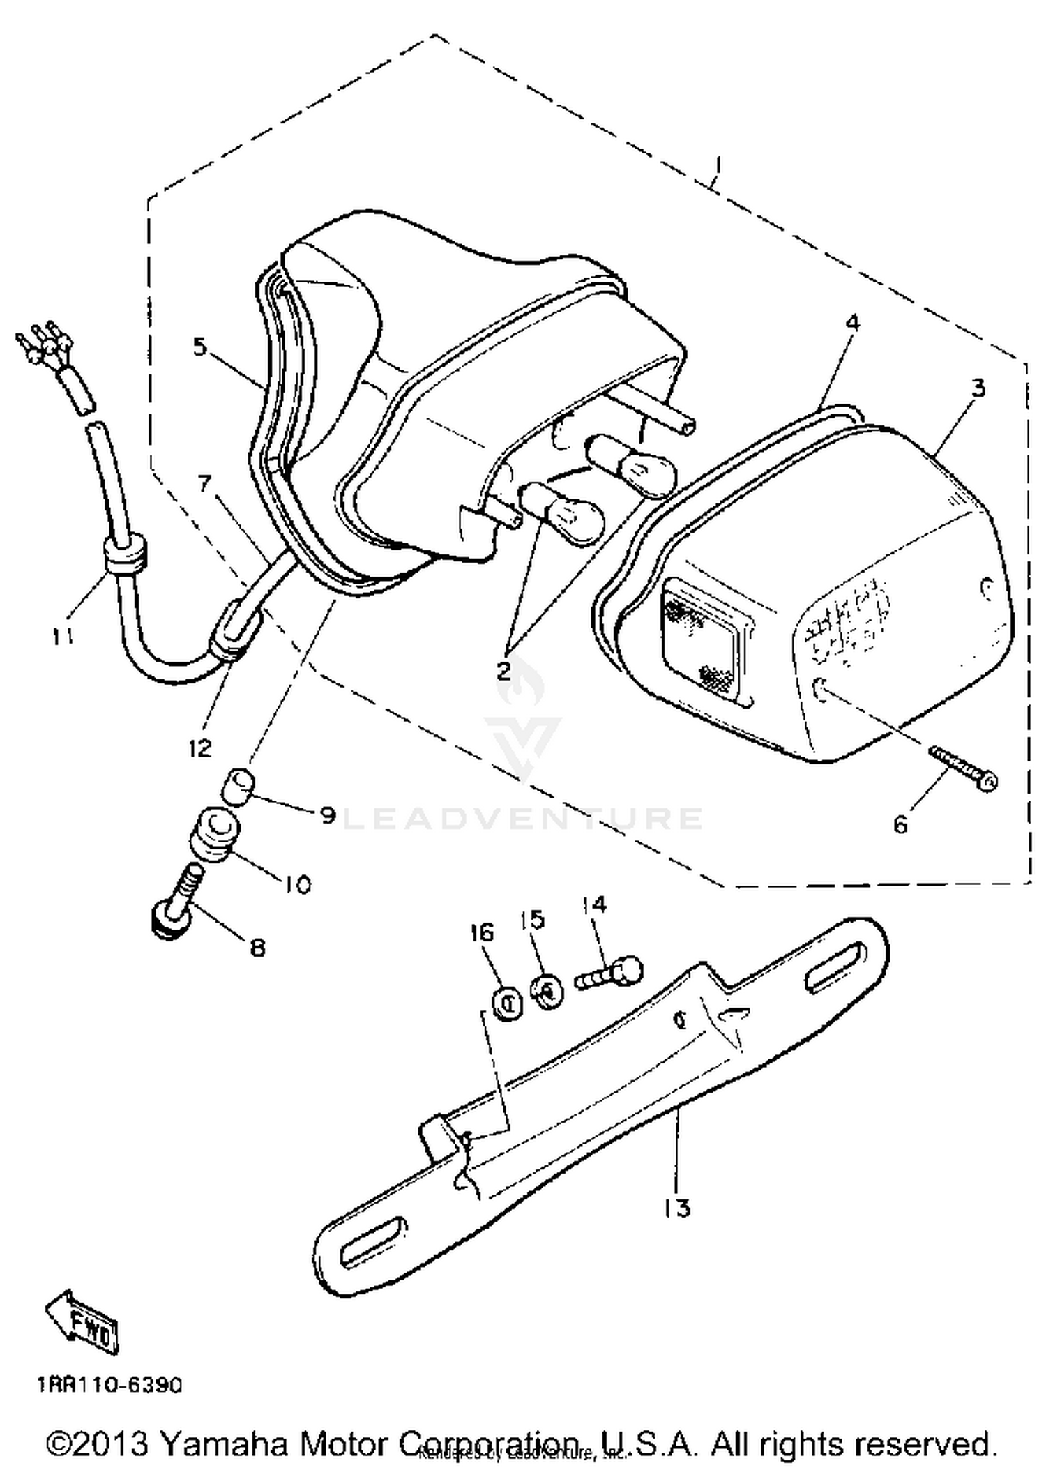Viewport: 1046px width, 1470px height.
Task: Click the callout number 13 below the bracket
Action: [x=678, y=1207]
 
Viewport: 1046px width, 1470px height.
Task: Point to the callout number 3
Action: [x=978, y=388]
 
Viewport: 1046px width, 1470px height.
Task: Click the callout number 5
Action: [x=201, y=347]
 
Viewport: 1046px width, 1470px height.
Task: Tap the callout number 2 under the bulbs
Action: [x=504, y=671]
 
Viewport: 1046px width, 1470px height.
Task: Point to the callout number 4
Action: [x=852, y=324]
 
